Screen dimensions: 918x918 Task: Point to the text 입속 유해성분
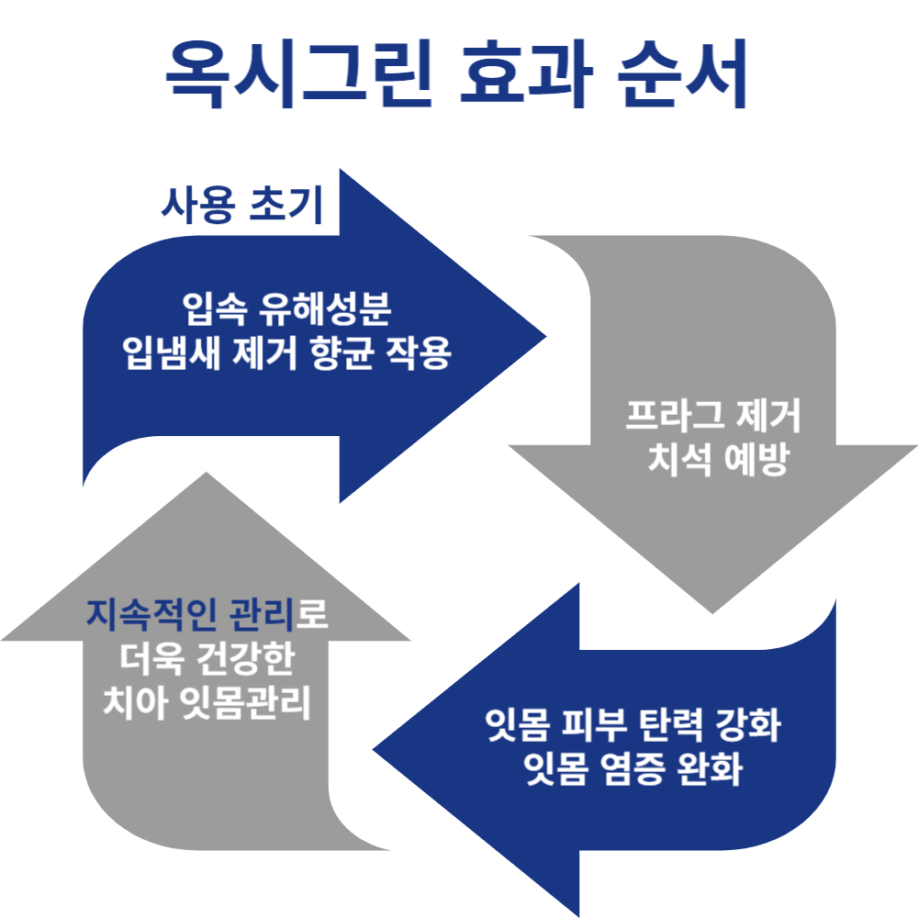point(287,310)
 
